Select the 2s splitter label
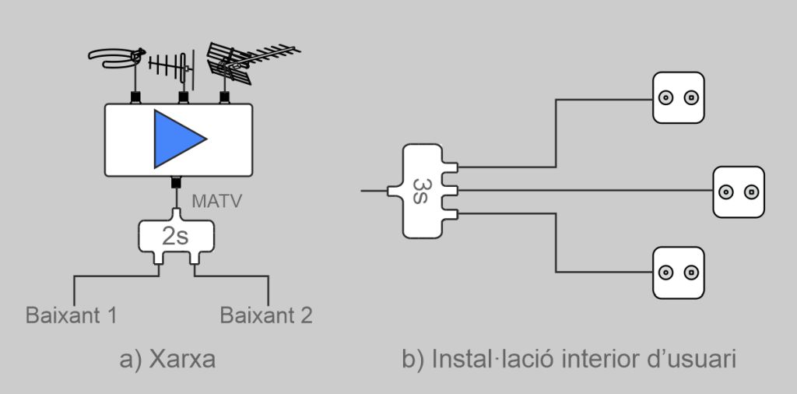tap(176, 236)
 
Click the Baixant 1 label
tap(72, 316)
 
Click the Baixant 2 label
tap(266, 316)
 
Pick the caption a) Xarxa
tap(167, 360)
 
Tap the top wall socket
tap(678, 98)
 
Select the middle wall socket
tap(739, 192)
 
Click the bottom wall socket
tap(678, 273)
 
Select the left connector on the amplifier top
tap(135, 98)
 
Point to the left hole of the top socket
tap(665, 98)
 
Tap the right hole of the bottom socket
tap(690, 273)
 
